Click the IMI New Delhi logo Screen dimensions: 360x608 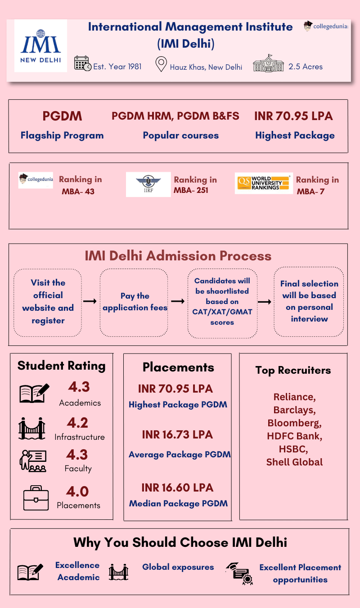pos(40,46)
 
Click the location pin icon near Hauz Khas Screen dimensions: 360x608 pos(161,64)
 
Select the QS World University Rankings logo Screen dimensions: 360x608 pos(264,183)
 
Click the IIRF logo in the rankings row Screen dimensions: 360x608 pos(148,184)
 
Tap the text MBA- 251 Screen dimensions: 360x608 pos(191,190)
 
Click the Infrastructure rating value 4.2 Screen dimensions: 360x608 pos(78,423)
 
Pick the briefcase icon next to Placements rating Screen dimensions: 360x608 pos(36,498)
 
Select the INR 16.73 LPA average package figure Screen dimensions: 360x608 pos(177,435)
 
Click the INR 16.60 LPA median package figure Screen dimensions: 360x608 pos(177,488)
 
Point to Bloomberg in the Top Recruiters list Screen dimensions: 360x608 pos(294,423)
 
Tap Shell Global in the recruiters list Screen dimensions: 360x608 pos(294,462)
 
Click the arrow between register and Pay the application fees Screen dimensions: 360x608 pos(90,301)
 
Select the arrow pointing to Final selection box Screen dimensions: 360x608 pos(265,301)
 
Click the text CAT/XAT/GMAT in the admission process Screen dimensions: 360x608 pos(222,312)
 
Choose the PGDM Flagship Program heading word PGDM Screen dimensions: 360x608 pos(62,116)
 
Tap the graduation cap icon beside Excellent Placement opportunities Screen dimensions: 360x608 pos(239,573)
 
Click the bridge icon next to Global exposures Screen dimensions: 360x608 pos(118,572)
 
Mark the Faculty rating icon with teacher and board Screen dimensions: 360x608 pos(33,461)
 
